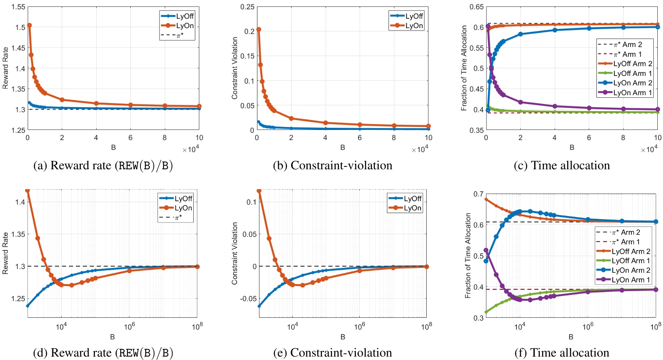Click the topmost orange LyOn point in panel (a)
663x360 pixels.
click(x=29, y=26)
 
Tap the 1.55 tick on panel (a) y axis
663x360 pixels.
click(x=18, y=7)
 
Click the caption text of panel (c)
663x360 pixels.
click(x=561, y=166)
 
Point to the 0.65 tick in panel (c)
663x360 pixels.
click(x=476, y=7)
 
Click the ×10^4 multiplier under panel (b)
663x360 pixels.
click(x=420, y=150)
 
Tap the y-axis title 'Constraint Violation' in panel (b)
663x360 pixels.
click(x=235, y=68)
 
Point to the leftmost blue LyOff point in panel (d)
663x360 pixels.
click(x=27, y=306)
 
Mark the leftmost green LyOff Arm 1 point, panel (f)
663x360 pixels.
click(x=486, y=312)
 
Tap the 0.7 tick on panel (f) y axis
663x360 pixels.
click(x=478, y=194)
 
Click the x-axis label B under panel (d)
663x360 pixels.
click(x=112, y=337)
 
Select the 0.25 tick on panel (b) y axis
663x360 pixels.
click(x=247, y=7)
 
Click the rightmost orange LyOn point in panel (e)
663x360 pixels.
click(x=427, y=267)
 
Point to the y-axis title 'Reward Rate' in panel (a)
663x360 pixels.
click(x=5, y=68)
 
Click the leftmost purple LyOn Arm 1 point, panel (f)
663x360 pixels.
click(x=486, y=250)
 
